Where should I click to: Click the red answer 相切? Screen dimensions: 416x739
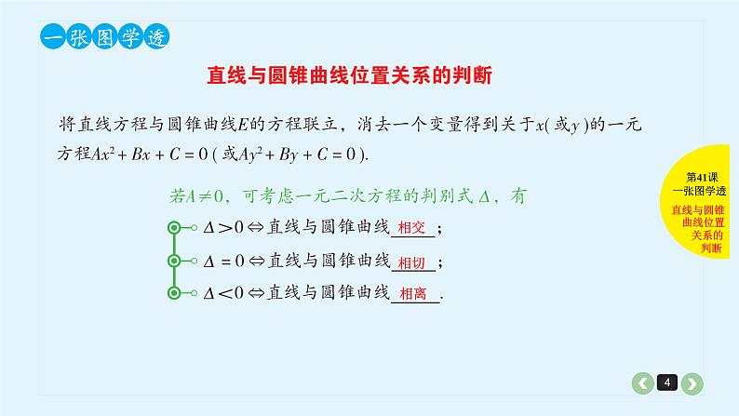click(410, 262)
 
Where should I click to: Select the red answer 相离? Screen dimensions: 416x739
click(412, 294)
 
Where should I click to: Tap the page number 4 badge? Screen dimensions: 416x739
click(667, 382)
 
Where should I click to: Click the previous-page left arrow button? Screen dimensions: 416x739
click(643, 382)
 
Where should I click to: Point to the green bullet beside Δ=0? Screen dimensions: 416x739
click(174, 261)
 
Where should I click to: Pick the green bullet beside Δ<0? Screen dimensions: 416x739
click(174, 293)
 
